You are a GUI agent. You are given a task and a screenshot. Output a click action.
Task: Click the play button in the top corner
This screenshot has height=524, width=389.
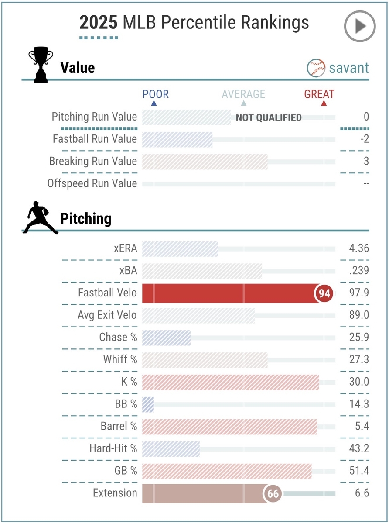pyautogui.click(x=360, y=26)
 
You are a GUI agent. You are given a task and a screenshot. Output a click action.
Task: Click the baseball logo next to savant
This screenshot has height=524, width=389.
pyautogui.click(x=316, y=68)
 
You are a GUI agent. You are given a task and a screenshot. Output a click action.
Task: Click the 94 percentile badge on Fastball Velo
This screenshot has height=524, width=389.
pyautogui.click(x=324, y=293)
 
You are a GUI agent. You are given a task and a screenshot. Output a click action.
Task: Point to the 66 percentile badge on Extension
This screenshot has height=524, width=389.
pyautogui.click(x=273, y=494)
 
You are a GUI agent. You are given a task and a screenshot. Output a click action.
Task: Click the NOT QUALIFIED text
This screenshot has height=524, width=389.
pyautogui.click(x=269, y=117)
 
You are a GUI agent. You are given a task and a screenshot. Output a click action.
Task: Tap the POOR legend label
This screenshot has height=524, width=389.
pyautogui.click(x=156, y=94)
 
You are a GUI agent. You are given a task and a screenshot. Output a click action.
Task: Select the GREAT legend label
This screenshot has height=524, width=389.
pyautogui.click(x=320, y=94)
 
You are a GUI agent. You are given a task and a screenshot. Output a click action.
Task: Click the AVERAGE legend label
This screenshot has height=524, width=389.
pyautogui.click(x=243, y=94)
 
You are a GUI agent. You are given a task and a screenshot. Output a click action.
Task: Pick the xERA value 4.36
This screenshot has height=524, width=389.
pyautogui.click(x=359, y=248)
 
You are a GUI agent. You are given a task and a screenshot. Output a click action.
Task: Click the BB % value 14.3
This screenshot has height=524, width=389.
pyautogui.click(x=359, y=404)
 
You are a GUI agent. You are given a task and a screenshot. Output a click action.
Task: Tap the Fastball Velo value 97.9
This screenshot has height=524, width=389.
pyautogui.click(x=359, y=293)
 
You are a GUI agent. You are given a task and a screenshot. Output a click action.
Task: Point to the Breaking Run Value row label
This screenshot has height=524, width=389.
pyautogui.click(x=93, y=161)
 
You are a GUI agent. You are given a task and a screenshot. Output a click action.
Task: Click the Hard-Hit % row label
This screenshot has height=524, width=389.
pyautogui.click(x=113, y=448)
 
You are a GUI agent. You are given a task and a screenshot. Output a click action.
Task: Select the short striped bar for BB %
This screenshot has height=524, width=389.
pyautogui.click(x=148, y=404)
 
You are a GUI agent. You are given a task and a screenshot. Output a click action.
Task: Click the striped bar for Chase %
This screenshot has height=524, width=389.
pyautogui.click(x=166, y=338)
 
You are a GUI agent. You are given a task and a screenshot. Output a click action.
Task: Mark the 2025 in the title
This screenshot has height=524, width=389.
pyautogui.click(x=98, y=23)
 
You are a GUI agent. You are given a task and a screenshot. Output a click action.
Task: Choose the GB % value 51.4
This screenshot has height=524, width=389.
pyautogui.click(x=359, y=471)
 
